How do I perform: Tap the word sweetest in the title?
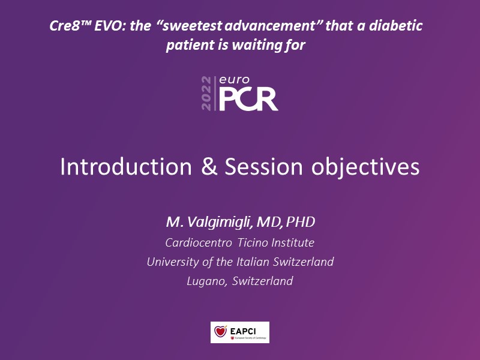(191, 26)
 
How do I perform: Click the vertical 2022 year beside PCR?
(206, 94)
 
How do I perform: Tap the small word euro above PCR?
(234, 80)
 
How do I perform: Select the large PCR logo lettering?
(248, 99)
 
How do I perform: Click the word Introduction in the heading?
(126, 167)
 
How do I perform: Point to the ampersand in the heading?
(209, 167)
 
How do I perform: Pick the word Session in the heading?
(263, 167)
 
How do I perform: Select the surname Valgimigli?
(220, 222)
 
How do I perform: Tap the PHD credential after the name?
(301, 222)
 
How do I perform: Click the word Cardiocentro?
(199, 243)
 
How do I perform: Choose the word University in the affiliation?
(173, 262)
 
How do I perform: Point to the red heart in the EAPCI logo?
(220, 332)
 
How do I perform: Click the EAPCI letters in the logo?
(243, 331)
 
